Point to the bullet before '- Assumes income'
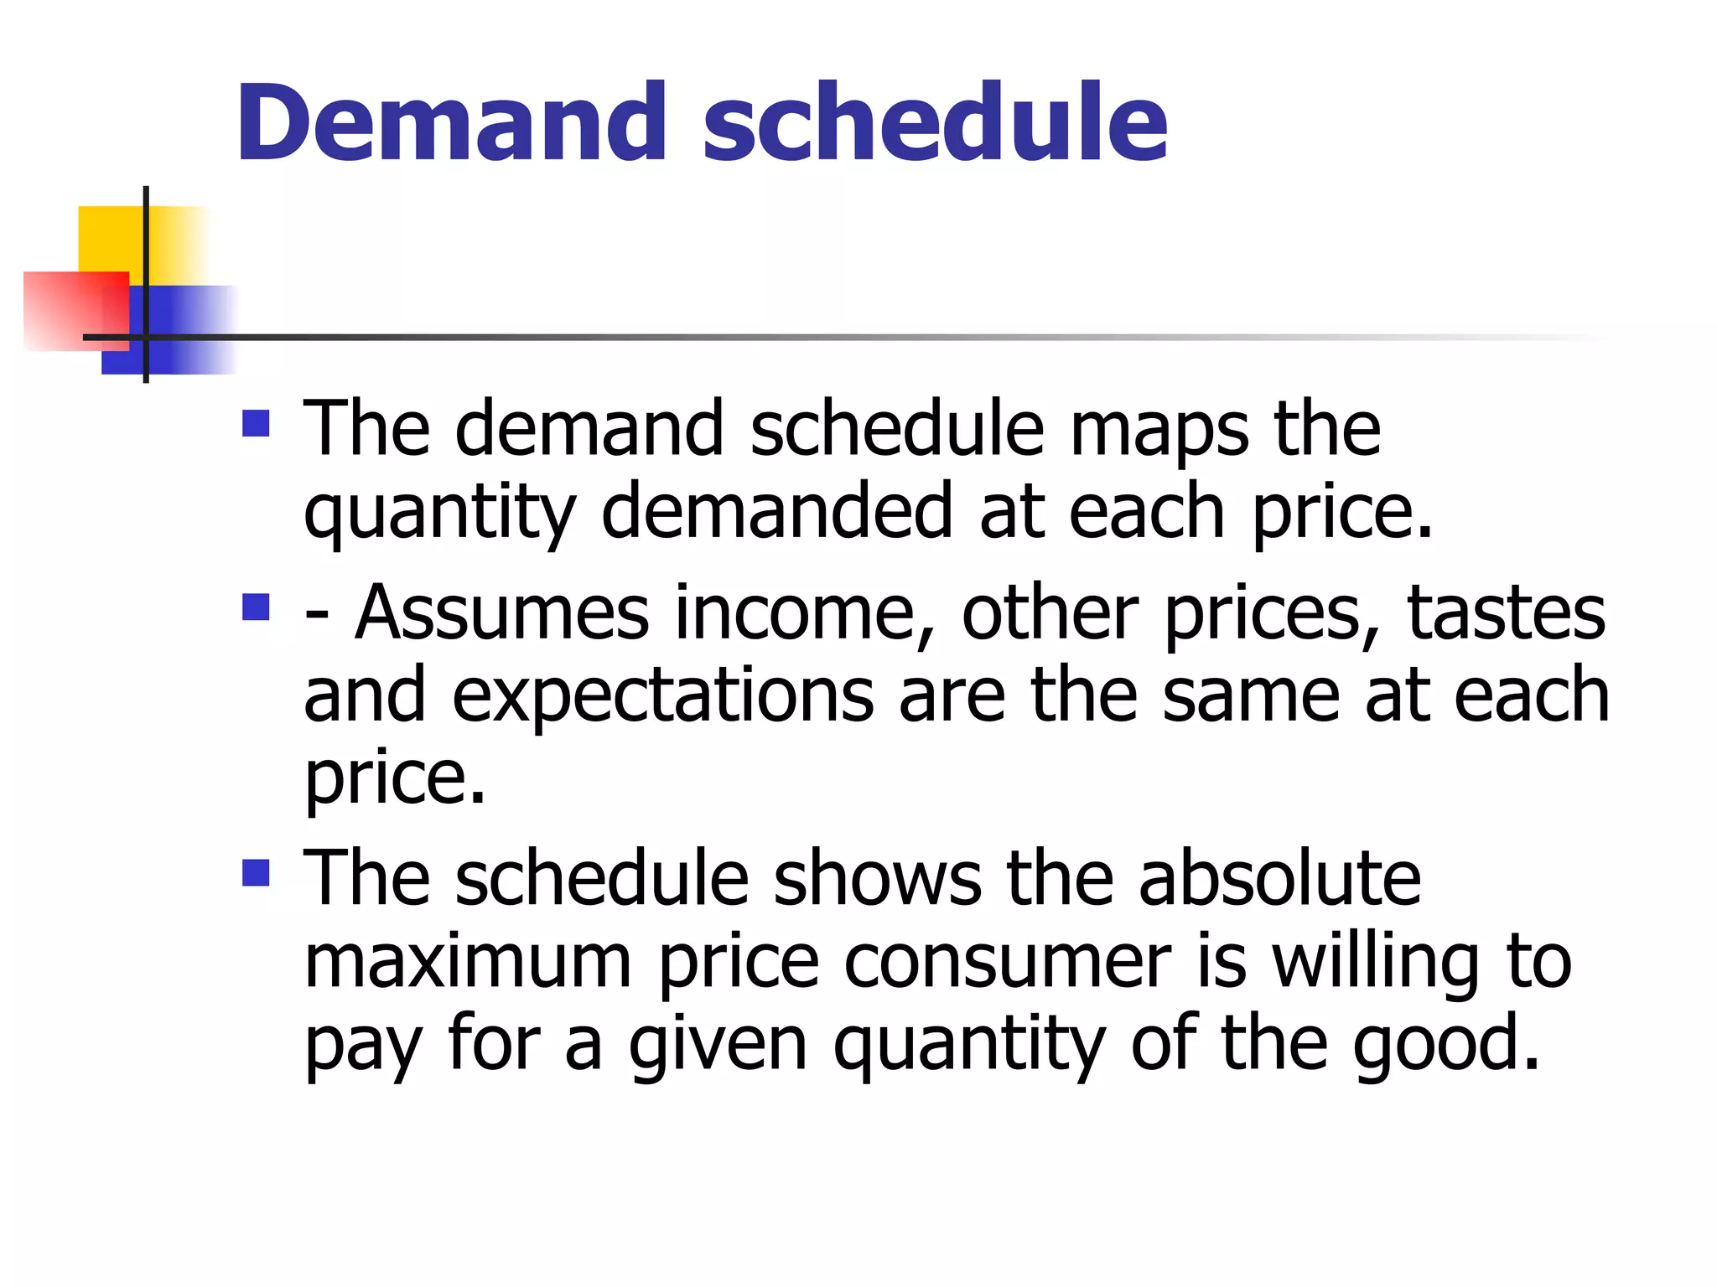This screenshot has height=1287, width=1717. click(x=256, y=607)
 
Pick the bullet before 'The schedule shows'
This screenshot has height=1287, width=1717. click(x=256, y=873)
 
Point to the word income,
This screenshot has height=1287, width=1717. click(x=806, y=613)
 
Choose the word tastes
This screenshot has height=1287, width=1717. click(x=1506, y=613)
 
